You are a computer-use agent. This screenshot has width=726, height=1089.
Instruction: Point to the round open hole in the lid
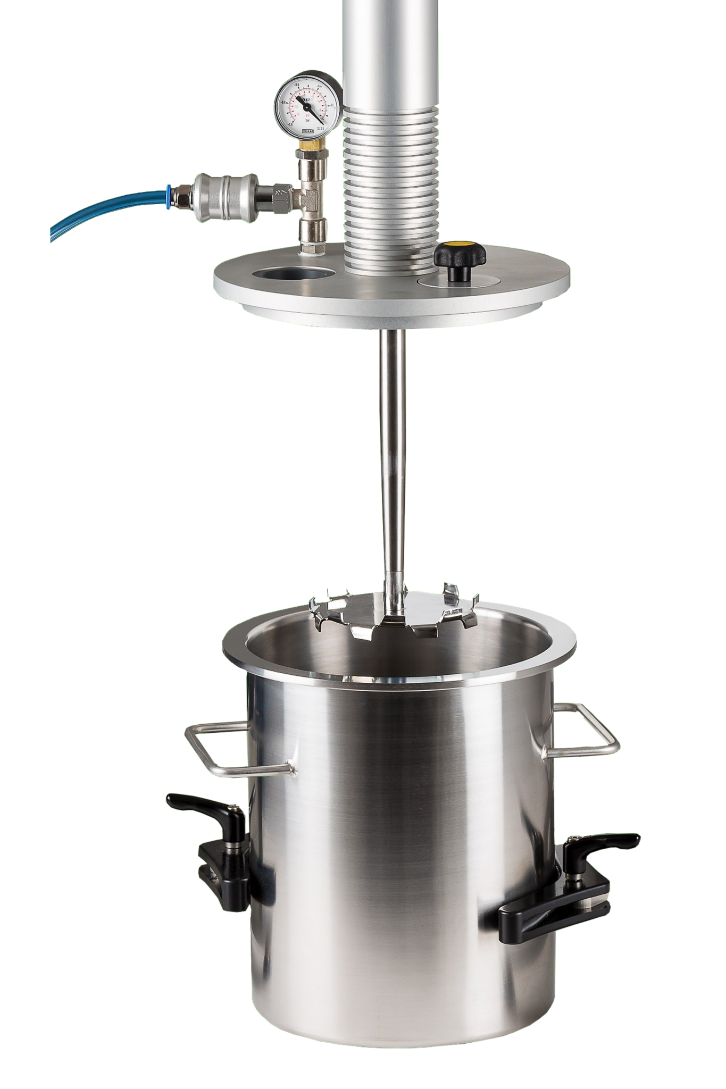(293, 275)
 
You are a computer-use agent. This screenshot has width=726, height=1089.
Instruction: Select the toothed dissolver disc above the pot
(394, 611)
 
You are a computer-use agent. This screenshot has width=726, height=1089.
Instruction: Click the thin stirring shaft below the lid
(392, 452)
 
